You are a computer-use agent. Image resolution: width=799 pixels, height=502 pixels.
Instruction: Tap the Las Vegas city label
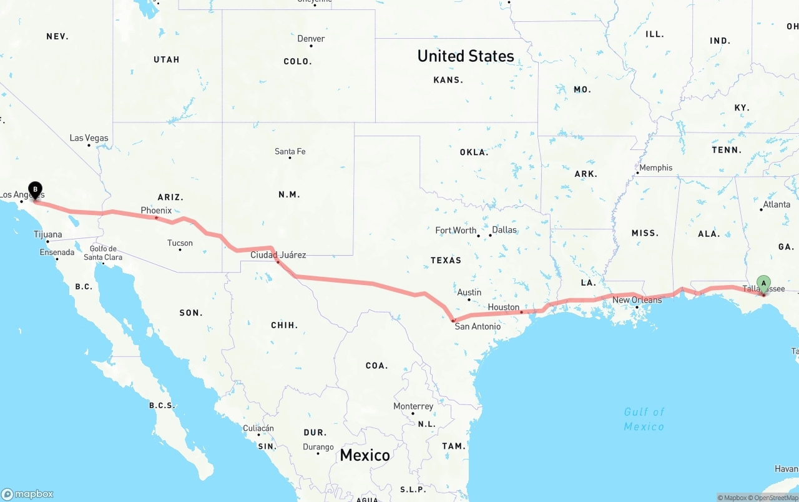89,138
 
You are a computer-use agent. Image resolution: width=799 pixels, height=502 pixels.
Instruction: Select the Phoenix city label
156,211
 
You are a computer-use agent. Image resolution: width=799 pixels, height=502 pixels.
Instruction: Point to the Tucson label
180,243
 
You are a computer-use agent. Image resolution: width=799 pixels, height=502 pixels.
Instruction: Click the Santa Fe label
290,151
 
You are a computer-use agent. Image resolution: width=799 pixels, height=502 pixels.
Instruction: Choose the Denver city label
311,39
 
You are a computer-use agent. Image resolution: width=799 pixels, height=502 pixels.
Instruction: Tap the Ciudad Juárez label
278,255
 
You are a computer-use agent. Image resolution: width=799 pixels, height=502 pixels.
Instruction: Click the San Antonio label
478,326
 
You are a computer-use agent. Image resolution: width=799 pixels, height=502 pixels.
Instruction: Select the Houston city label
504,307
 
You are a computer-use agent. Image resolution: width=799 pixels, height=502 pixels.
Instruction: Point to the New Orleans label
637,300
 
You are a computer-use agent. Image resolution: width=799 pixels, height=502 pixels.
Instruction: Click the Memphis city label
656,168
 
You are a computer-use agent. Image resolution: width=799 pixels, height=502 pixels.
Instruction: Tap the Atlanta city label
777,204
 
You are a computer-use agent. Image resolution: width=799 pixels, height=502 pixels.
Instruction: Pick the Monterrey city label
413,406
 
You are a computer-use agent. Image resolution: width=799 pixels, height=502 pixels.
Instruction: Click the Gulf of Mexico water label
644,419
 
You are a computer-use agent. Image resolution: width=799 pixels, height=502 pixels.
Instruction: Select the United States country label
466,56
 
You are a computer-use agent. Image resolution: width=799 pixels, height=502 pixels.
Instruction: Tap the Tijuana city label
48,234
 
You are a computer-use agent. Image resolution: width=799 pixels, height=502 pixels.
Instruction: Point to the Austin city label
469,292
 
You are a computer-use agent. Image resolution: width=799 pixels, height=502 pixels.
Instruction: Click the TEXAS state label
446,260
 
